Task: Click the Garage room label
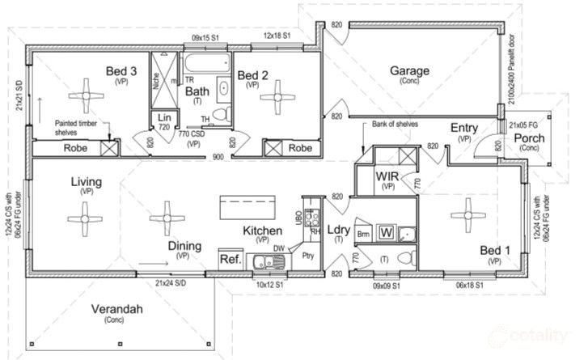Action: click(x=410, y=70)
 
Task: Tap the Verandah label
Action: click(x=115, y=309)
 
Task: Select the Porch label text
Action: click(x=530, y=138)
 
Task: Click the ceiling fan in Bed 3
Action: click(x=83, y=95)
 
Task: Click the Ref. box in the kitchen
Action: click(x=229, y=259)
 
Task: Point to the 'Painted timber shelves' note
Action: click(x=78, y=126)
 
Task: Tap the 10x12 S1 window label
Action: click(x=269, y=285)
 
